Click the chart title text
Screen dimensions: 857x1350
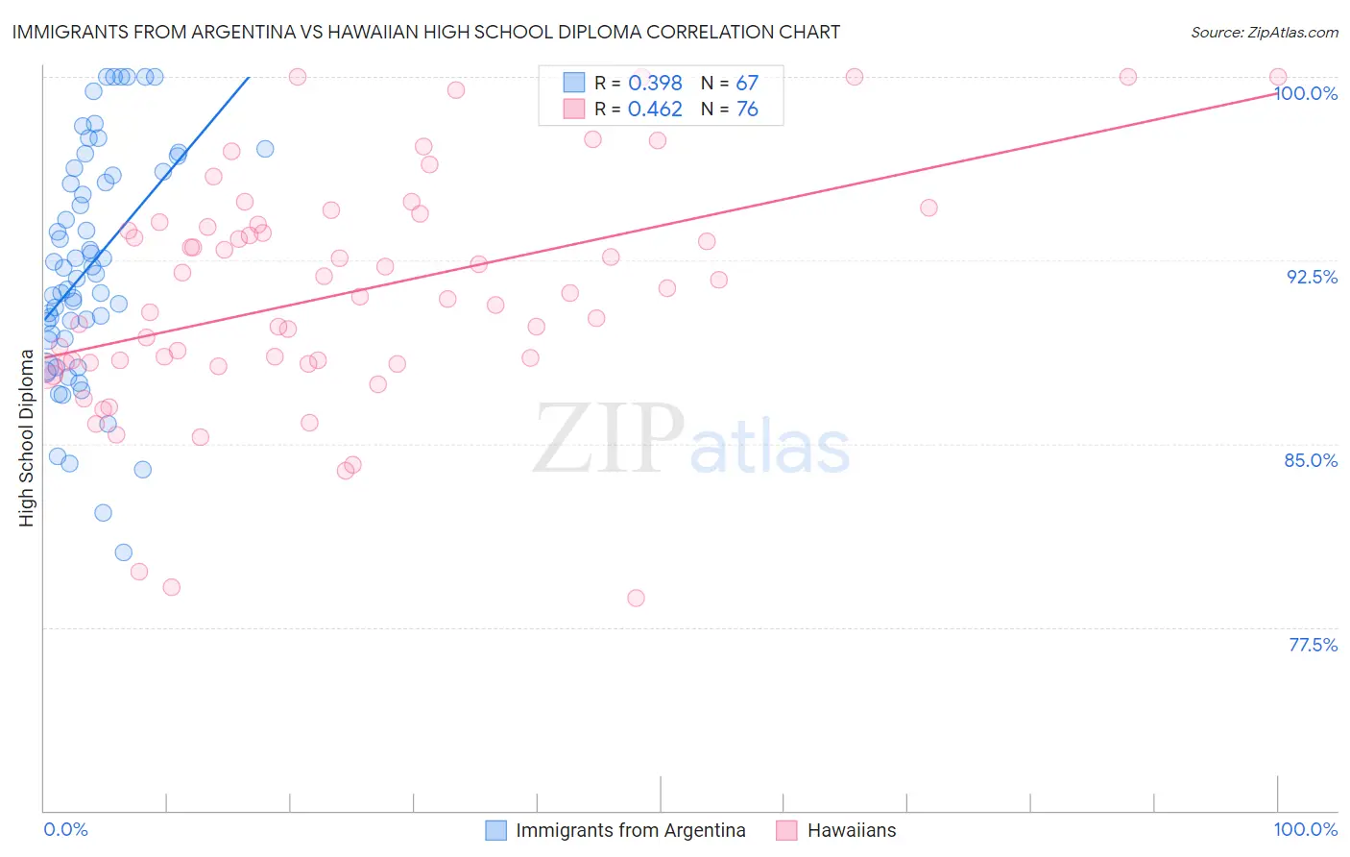click(x=425, y=33)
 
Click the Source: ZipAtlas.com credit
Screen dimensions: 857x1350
click(x=1264, y=33)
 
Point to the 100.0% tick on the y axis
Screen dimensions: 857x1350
click(x=1306, y=93)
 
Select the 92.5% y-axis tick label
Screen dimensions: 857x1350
click(x=1312, y=277)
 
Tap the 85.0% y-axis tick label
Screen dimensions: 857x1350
click(x=1311, y=460)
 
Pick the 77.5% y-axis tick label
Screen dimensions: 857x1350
click(x=1313, y=645)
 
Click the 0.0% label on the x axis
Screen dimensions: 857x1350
click(x=65, y=829)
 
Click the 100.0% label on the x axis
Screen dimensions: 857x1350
click(x=1305, y=829)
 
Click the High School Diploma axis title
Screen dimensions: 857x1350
click(x=27, y=438)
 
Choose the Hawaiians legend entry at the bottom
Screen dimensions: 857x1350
click(x=851, y=830)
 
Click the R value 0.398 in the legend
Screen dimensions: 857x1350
click(x=655, y=84)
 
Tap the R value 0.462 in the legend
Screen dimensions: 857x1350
click(x=655, y=110)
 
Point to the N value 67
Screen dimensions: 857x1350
click(x=747, y=84)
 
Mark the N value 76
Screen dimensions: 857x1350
click(x=747, y=110)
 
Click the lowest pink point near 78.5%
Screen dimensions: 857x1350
click(x=636, y=598)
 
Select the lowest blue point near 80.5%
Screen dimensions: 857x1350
click(x=124, y=552)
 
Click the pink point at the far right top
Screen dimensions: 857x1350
click(x=1278, y=77)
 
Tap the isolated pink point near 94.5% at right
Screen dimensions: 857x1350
click(x=928, y=208)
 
